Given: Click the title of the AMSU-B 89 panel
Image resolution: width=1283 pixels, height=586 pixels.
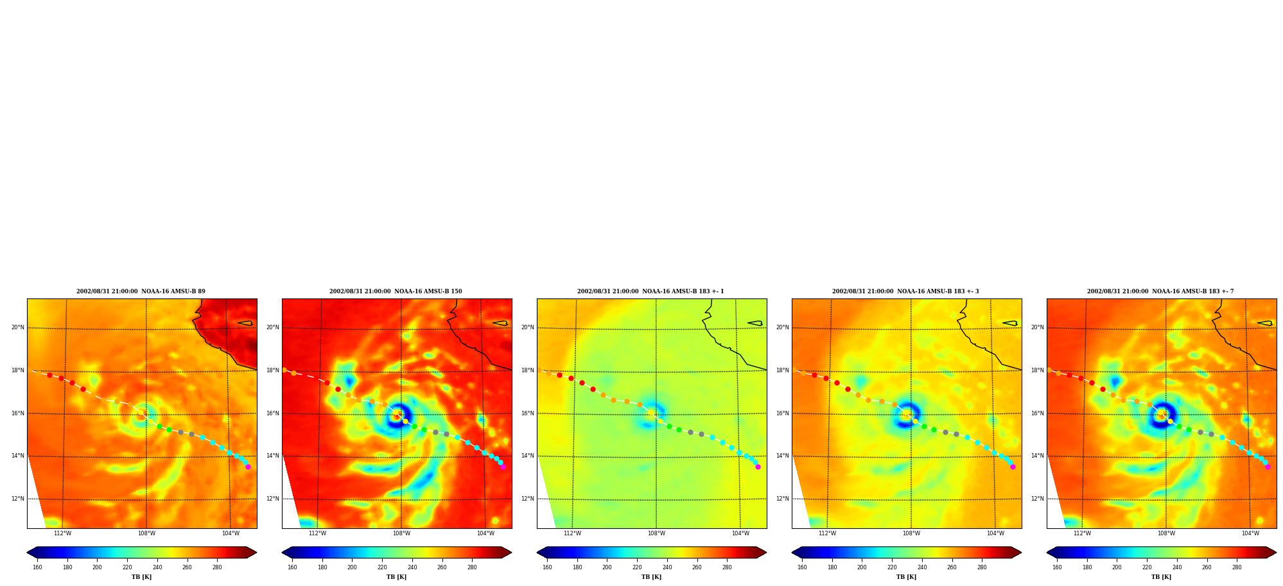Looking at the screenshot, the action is [141, 291].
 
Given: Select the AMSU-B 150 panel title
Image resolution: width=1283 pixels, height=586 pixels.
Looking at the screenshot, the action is [396, 291].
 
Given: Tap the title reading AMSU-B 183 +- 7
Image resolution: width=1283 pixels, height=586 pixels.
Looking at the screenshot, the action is [1160, 291].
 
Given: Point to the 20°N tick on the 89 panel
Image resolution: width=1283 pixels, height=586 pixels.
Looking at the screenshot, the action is [18, 327].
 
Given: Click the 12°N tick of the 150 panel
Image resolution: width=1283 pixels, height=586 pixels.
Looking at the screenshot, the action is [273, 499].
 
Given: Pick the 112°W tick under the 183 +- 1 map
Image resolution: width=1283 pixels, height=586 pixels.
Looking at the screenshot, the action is [572, 533].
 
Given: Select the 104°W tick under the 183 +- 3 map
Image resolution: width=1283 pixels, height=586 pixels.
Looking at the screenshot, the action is [995, 533].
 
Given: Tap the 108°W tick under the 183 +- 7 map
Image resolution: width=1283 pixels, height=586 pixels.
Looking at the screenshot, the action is [1166, 533].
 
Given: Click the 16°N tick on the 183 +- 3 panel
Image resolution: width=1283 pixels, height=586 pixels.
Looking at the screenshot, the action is [783, 413].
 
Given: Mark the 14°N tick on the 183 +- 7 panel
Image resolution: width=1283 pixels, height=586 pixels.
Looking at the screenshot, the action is [1038, 456].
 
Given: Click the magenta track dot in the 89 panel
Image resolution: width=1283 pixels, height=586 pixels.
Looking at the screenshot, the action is [248, 467].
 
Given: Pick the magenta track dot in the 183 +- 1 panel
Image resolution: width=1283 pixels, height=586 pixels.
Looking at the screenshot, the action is [758, 467].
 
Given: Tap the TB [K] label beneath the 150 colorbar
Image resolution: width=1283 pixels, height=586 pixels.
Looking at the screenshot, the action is [396, 577].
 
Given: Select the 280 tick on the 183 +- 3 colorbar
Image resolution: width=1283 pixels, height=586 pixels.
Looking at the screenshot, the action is [982, 567].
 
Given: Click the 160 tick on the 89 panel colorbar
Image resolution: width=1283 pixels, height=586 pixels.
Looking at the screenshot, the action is [37, 567].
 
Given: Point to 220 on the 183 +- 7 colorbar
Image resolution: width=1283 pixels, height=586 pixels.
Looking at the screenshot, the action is [1147, 567].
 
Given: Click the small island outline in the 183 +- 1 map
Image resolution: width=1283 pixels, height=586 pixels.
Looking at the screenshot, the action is [755, 323].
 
